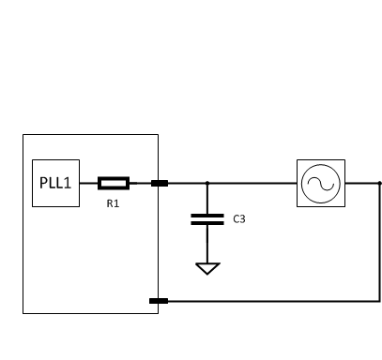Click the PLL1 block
[x=55, y=182]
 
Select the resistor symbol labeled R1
[x=114, y=183]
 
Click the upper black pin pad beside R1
[x=160, y=183]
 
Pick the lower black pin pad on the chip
[x=160, y=301]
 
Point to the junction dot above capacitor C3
[x=207, y=183]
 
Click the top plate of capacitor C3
[x=207, y=215]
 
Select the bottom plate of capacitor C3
[x=207, y=224]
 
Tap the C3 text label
[x=239, y=219]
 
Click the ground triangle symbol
[x=207, y=268]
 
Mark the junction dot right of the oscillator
[x=379, y=183]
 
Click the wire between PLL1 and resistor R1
[x=88, y=183]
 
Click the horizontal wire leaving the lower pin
[x=272, y=301]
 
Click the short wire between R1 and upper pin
[x=140, y=183]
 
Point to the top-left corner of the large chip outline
[x=23, y=135]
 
